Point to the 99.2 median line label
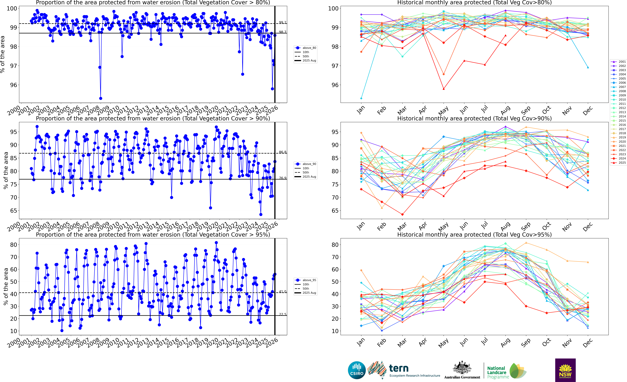click(282, 22)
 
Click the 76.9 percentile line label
click(282, 178)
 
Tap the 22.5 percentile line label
click(282, 314)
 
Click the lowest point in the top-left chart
click(101, 98)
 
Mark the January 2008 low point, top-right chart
click(361, 98)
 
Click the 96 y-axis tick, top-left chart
click(14, 85)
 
